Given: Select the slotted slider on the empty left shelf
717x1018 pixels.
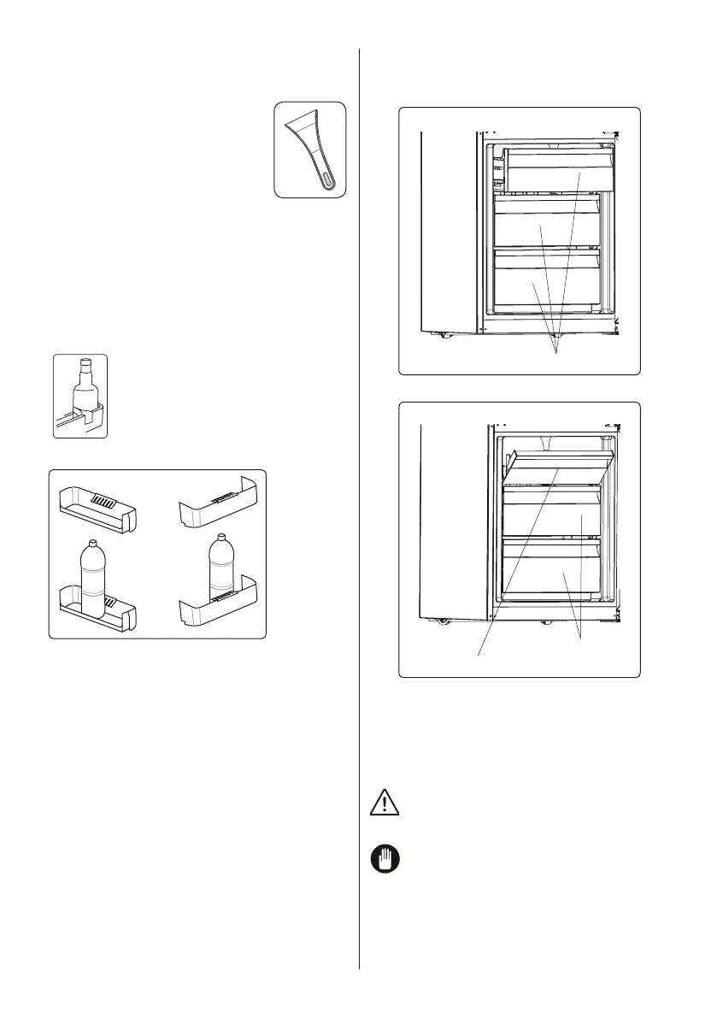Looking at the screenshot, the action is (x=103, y=503).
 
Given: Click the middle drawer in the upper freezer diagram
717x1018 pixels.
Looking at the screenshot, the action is (x=547, y=229).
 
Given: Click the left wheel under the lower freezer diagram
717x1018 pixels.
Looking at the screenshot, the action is (x=442, y=621).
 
